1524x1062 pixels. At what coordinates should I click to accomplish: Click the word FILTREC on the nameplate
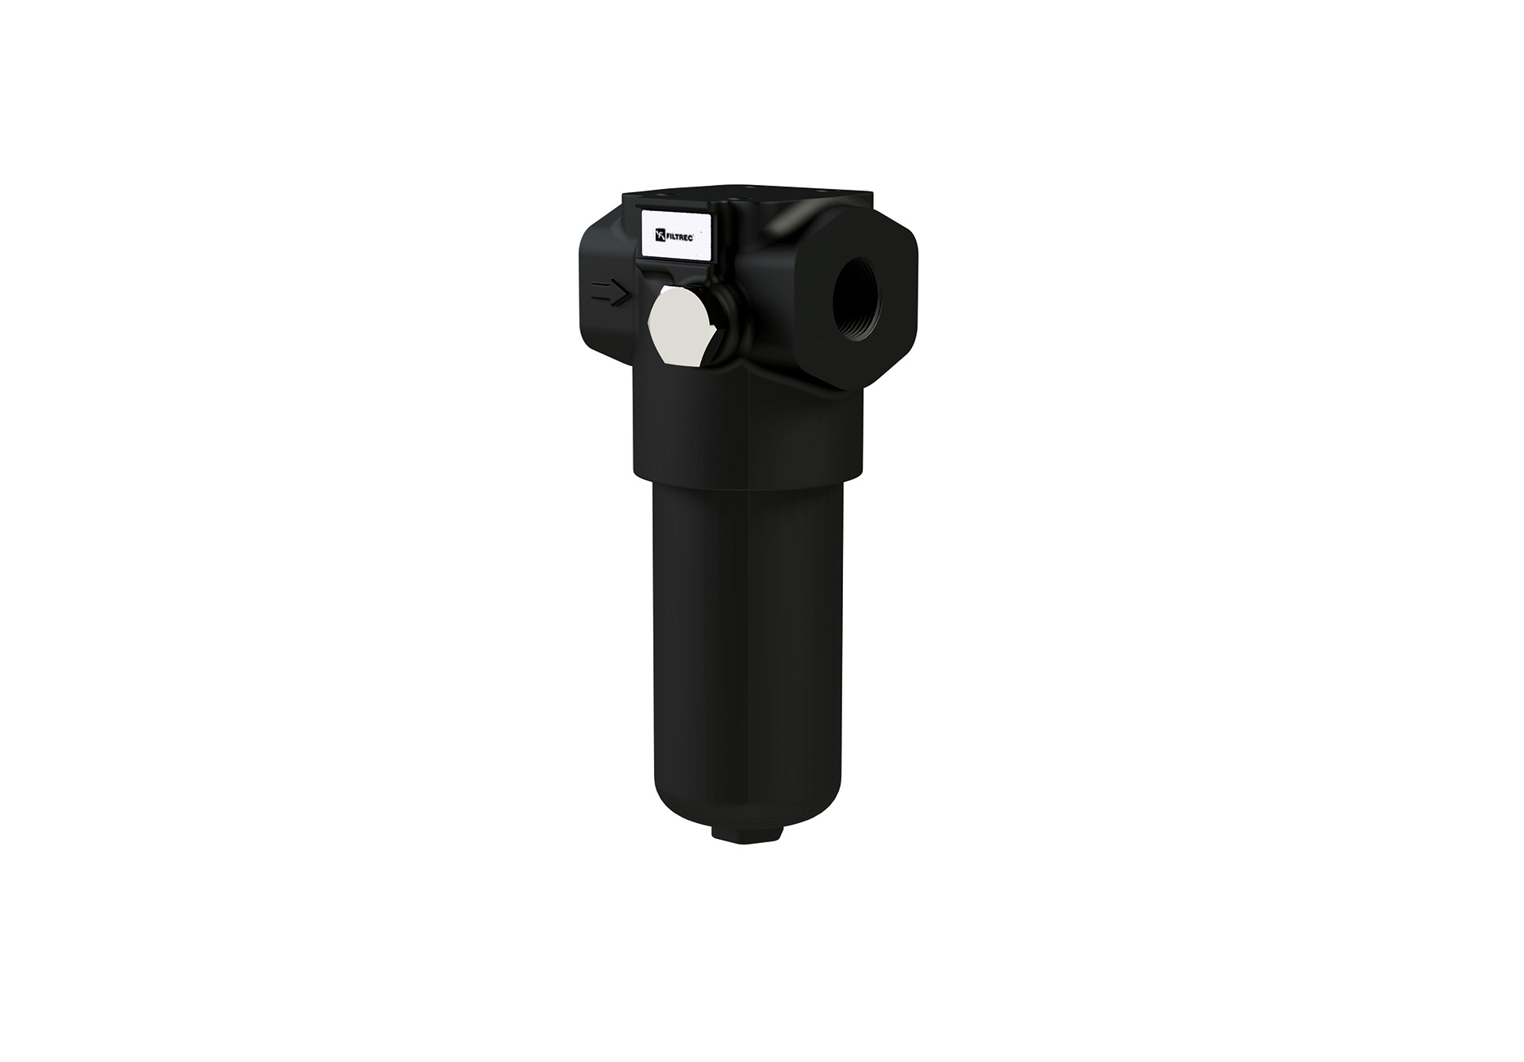click(679, 236)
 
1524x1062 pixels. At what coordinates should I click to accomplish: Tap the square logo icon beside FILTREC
click(659, 236)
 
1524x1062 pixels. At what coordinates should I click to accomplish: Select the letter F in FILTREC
click(668, 236)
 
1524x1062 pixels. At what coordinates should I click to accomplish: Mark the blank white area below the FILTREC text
click(676, 249)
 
